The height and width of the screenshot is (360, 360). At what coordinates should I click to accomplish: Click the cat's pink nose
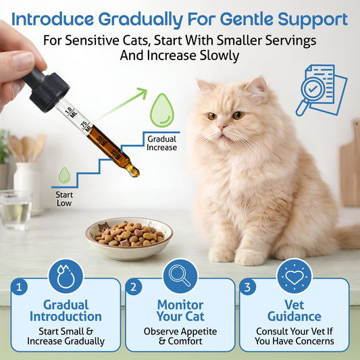click(x=222, y=127)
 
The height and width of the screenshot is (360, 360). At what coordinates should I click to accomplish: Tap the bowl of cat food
click(x=129, y=238)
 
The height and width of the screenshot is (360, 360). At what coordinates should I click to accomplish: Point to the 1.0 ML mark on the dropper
click(x=71, y=112)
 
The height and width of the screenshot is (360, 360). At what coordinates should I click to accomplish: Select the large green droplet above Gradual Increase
click(x=162, y=111)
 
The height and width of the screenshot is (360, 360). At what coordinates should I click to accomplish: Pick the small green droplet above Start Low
click(x=64, y=175)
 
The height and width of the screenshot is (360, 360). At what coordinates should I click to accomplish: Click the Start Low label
click(x=64, y=199)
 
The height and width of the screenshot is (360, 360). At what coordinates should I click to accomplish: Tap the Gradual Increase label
click(x=161, y=143)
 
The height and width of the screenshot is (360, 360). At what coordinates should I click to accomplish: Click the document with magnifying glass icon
click(x=322, y=90)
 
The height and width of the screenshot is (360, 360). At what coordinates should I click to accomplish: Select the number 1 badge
click(x=20, y=287)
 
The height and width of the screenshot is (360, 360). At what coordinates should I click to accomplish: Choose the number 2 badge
click(x=133, y=287)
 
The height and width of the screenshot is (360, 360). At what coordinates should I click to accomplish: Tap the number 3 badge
click(x=247, y=287)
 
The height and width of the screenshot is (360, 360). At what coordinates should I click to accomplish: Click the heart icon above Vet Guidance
click(x=294, y=276)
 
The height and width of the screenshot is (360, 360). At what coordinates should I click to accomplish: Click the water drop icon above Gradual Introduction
click(x=66, y=276)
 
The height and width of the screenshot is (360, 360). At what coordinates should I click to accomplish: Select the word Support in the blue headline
click(x=313, y=20)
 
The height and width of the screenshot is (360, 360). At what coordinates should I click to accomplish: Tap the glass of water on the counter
click(x=16, y=209)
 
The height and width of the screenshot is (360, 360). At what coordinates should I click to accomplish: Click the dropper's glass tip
click(x=134, y=171)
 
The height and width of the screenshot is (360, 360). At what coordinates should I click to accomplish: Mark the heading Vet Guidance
click(x=294, y=311)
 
